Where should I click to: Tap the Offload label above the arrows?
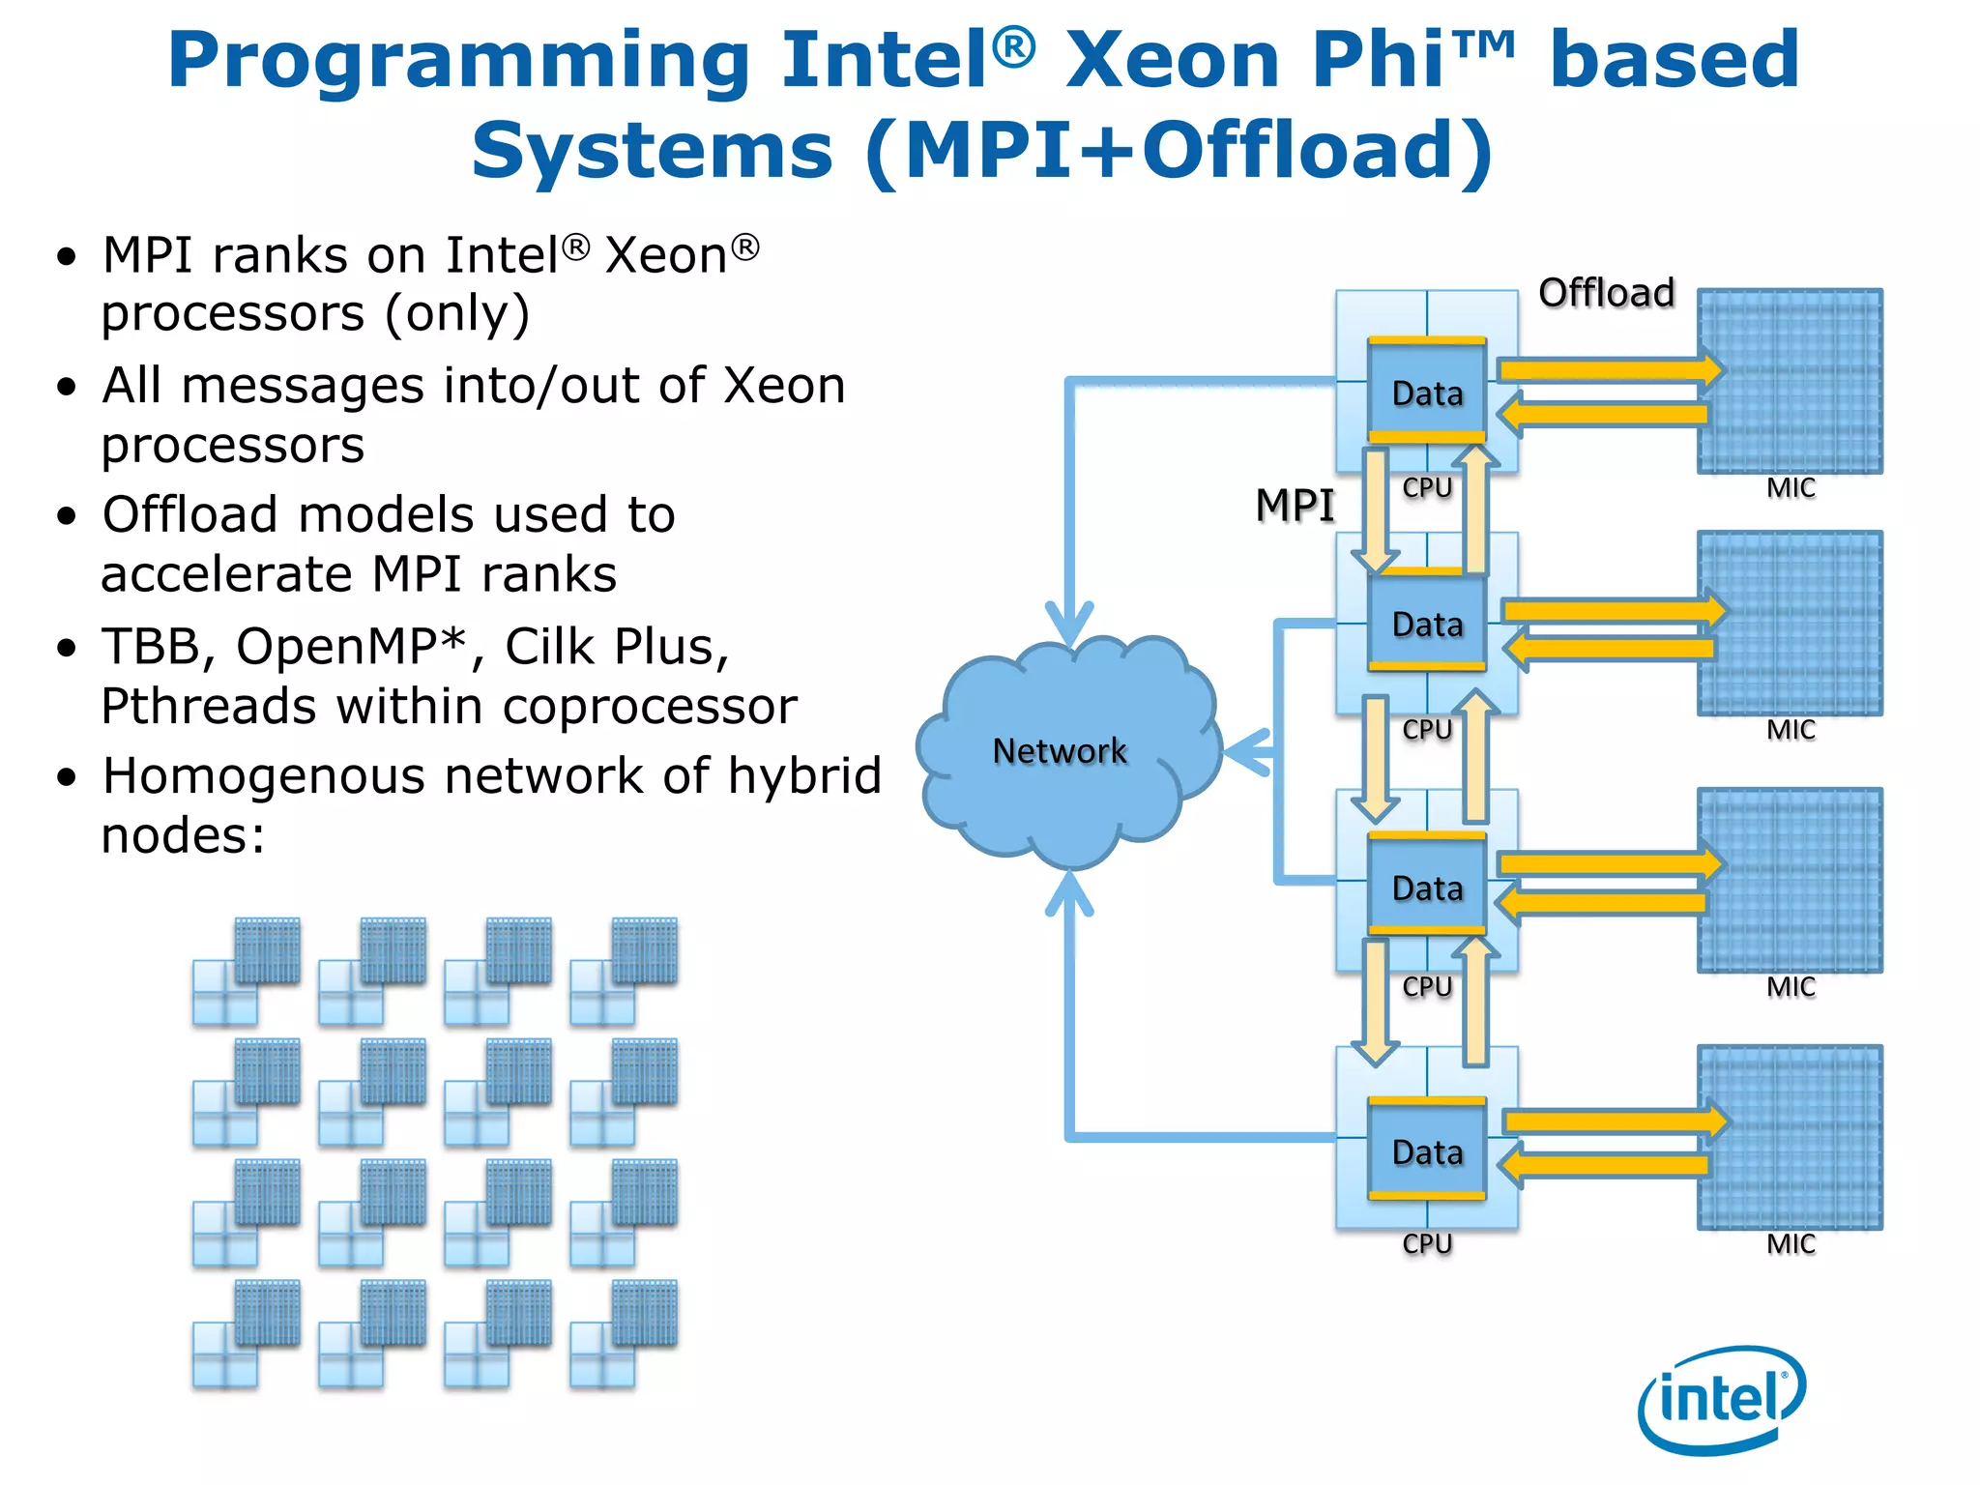pyautogui.click(x=1606, y=293)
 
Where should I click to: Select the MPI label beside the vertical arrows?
pyautogui.click(x=1294, y=506)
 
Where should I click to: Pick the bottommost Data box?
pyautogui.click(x=1427, y=1151)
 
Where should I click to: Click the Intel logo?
pyautogui.click(x=1722, y=1399)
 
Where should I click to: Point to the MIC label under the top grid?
pyautogui.click(x=1791, y=488)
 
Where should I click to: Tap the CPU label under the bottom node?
pyautogui.click(x=1427, y=1244)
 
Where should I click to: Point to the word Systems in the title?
pyautogui.click(x=651, y=151)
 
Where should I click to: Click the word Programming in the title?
pyautogui.click(x=458, y=60)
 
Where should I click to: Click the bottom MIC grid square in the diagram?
pyautogui.click(x=1790, y=1137)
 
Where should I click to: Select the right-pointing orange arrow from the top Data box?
pyautogui.click(x=1609, y=369)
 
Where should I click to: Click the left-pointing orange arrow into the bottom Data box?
pyautogui.click(x=1605, y=1165)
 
